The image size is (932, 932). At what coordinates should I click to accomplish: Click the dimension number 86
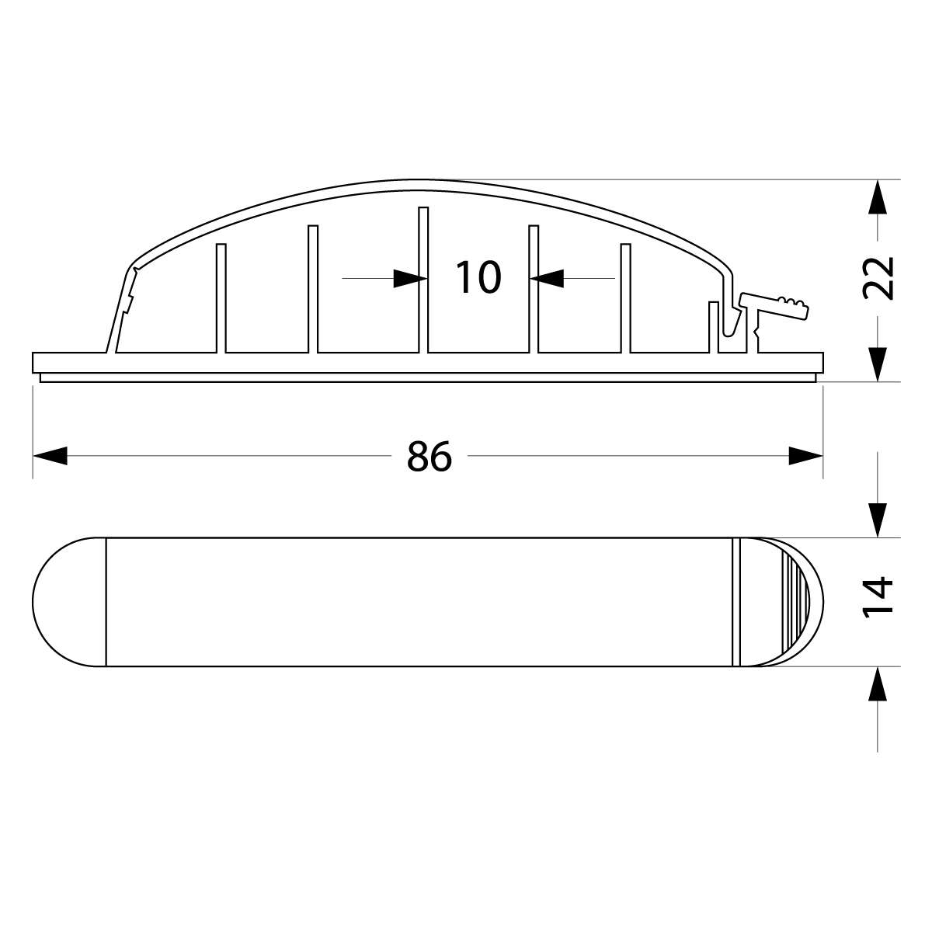coord(429,456)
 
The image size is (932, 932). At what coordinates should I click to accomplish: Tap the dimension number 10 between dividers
coord(478,277)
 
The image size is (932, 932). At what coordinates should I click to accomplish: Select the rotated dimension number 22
coord(878,278)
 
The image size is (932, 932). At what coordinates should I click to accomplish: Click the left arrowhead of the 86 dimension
coord(50,456)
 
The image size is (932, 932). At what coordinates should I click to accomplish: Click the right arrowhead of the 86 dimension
coord(805,456)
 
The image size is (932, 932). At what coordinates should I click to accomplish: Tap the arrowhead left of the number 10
coord(410,279)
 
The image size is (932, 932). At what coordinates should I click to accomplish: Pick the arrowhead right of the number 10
coord(547,279)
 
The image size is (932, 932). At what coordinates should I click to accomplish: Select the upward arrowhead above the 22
coord(878,196)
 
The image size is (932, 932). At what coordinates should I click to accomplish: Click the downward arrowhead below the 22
coord(878,365)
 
